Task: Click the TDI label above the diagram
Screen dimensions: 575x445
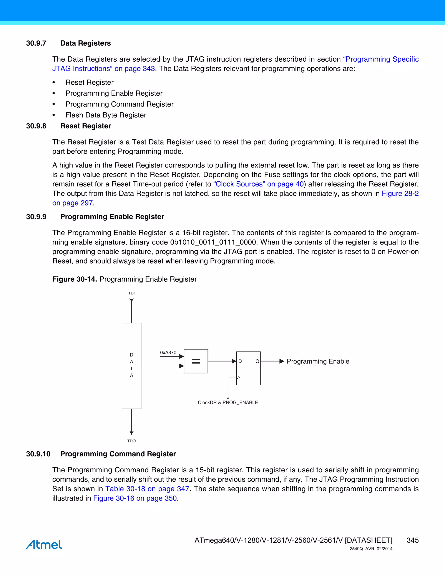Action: [x=131, y=293]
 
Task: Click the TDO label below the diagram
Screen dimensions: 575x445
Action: [x=131, y=441]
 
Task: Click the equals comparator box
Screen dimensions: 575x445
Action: [x=196, y=361]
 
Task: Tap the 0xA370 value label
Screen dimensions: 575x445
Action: [x=168, y=353]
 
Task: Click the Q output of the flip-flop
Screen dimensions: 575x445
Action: [x=257, y=361]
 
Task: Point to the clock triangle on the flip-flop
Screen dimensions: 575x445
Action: [x=238, y=377]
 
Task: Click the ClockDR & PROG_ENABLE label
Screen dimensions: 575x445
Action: [x=228, y=402]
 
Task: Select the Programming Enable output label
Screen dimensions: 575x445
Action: [x=318, y=361]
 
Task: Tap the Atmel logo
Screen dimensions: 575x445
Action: [x=44, y=544]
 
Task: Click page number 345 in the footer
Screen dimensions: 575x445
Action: [x=412, y=540]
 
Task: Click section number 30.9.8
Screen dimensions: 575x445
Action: [x=36, y=126]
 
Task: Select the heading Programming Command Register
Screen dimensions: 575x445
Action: [x=118, y=454]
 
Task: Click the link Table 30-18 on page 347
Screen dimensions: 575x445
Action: [x=147, y=489]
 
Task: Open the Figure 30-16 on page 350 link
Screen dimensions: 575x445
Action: [x=135, y=498]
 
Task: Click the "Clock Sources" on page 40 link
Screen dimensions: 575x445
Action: [x=258, y=184]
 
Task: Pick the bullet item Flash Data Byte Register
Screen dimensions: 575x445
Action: [x=106, y=115]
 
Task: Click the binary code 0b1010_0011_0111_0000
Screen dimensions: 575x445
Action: [x=213, y=242]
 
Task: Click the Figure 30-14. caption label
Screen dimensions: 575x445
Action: [x=75, y=279]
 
